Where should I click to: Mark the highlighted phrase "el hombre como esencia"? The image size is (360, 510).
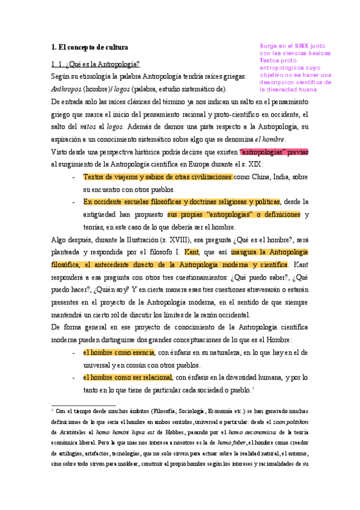pos(118,353)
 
